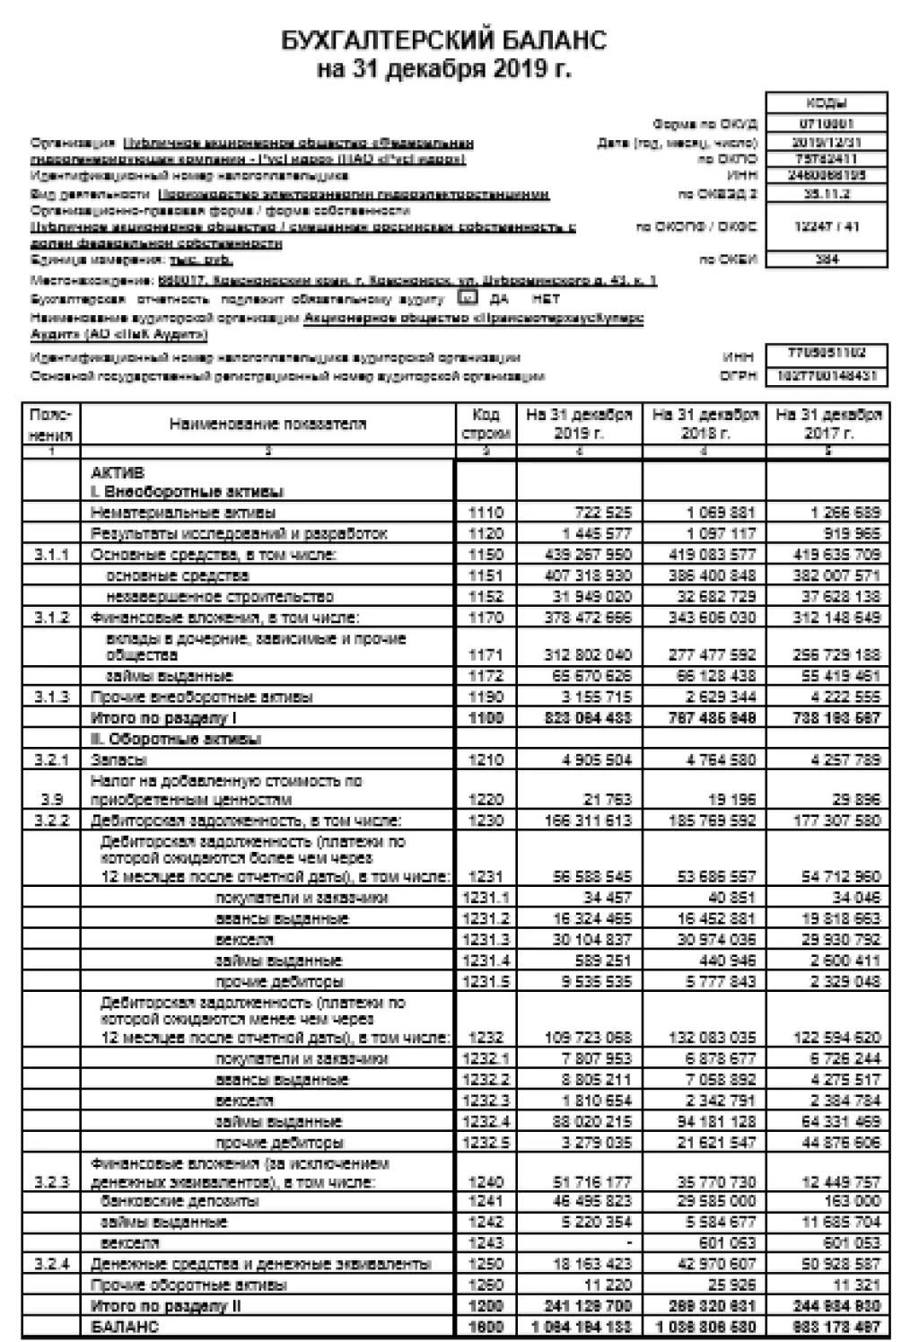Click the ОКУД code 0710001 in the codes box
[826, 124]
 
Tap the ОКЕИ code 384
[826, 259]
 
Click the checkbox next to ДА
[467, 297]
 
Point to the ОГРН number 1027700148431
[826, 376]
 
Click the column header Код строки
[486, 424]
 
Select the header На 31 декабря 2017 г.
[827, 424]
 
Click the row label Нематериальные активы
[183, 513]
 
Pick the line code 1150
[486, 555]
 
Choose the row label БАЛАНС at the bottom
[125, 1327]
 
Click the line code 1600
[486, 1327]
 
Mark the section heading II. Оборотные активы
[176, 739]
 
